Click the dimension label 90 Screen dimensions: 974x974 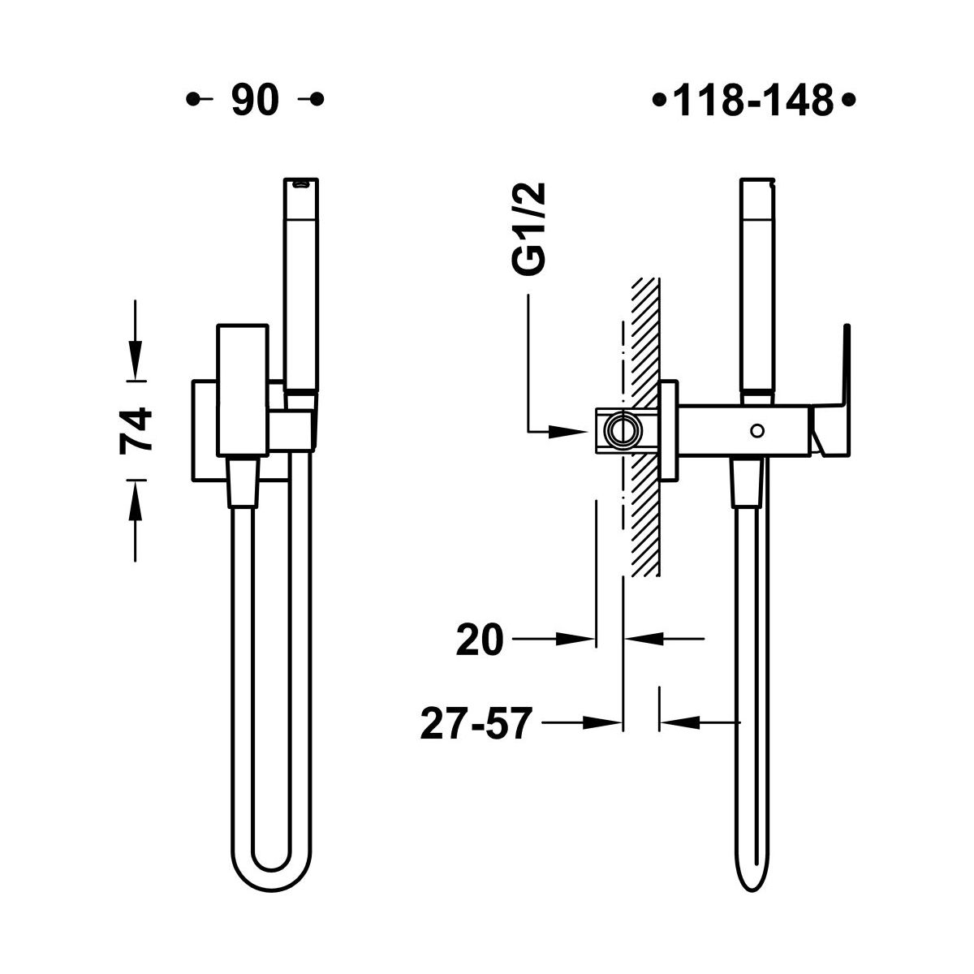(x=255, y=100)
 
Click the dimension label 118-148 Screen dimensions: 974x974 (x=752, y=100)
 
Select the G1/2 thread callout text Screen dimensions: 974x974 (x=528, y=229)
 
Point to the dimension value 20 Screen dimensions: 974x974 (x=480, y=640)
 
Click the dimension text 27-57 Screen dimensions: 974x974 (x=476, y=724)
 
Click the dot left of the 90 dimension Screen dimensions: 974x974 (x=192, y=99)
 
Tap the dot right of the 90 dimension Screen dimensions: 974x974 (x=317, y=99)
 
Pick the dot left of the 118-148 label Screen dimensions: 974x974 (x=658, y=100)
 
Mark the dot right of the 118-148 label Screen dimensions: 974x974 (x=848, y=100)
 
